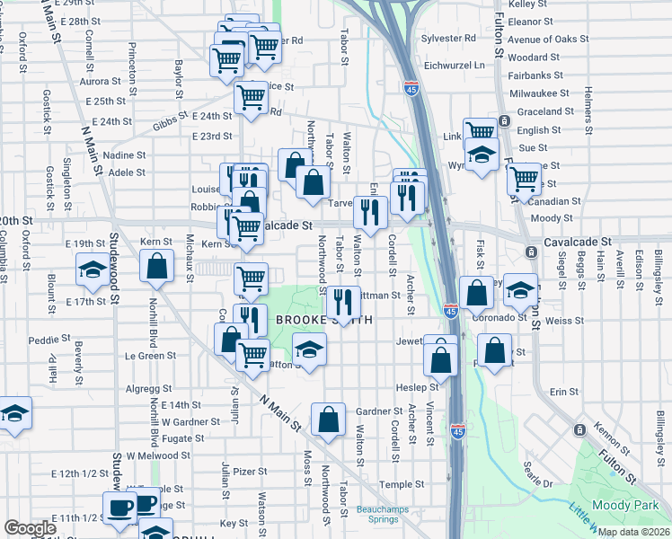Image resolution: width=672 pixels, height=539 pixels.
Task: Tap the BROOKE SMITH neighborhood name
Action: [312, 321]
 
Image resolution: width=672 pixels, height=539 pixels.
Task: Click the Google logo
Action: [30, 528]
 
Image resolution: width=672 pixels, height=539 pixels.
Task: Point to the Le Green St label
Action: [150, 356]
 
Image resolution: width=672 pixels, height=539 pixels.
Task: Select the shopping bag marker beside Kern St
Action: [157, 266]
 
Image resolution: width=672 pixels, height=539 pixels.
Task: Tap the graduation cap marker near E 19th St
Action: [91, 270]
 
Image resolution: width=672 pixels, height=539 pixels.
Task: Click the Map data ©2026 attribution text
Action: [632, 532]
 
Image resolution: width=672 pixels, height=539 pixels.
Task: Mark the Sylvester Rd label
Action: [449, 39]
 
